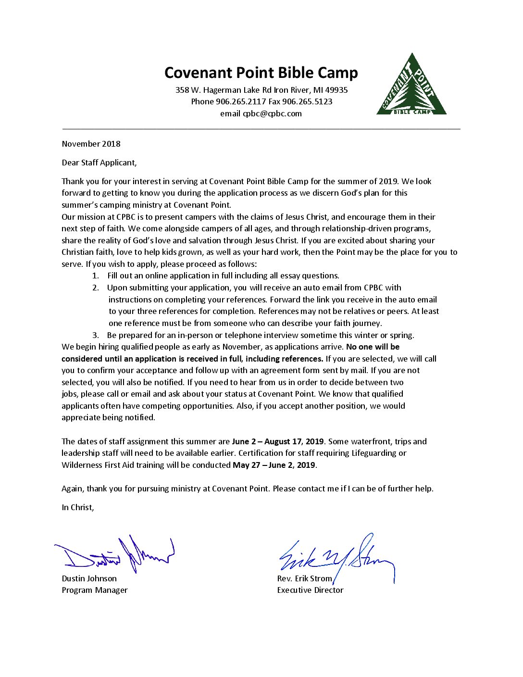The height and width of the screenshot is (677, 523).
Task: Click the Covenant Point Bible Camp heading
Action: [x=261, y=73]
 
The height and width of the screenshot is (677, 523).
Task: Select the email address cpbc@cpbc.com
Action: [x=272, y=114]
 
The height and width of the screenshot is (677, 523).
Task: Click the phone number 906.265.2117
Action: [x=241, y=101]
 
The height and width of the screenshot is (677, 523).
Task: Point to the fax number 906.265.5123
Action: [x=307, y=101]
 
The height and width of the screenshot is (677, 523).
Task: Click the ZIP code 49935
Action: [x=336, y=90]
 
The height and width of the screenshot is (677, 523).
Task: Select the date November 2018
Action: [x=91, y=144]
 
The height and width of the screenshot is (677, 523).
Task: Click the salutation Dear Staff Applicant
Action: [x=99, y=163]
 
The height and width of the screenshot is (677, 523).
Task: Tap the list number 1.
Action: [x=95, y=276]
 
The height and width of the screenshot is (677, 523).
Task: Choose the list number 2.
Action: [x=95, y=288]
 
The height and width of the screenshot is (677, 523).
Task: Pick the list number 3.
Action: [x=95, y=335]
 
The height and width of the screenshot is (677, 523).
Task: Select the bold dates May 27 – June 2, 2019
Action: [x=274, y=465]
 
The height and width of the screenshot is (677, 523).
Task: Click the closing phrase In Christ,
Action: [x=78, y=507]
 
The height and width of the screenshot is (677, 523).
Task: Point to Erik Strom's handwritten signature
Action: [x=336, y=558]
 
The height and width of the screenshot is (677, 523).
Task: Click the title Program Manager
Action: [x=95, y=590]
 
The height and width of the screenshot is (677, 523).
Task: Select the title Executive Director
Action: [x=310, y=590]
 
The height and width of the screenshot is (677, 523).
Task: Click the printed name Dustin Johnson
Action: [x=89, y=578]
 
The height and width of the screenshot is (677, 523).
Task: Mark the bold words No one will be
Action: [x=373, y=347]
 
